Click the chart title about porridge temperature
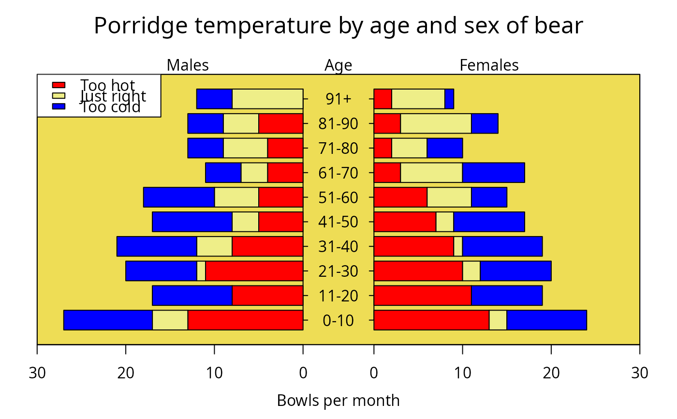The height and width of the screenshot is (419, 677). [x=338, y=26]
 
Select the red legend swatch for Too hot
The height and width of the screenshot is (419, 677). [x=59, y=85]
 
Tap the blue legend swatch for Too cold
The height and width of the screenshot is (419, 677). [x=59, y=106]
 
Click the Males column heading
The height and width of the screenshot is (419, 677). [x=188, y=65]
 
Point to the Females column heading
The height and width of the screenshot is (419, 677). [x=489, y=65]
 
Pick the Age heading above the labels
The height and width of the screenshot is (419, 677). [x=338, y=65]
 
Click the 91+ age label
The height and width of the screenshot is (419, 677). [x=338, y=99]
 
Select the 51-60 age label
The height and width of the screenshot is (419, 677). [x=338, y=197]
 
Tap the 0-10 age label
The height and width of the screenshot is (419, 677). [x=338, y=320]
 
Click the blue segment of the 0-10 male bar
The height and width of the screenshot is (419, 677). [x=108, y=320]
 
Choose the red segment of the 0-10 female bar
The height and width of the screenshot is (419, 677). [x=431, y=320]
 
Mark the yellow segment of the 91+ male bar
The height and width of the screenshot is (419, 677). [x=267, y=99]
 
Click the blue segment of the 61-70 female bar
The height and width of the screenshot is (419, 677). [x=493, y=173]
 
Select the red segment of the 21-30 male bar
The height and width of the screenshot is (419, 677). [x=254, y=271]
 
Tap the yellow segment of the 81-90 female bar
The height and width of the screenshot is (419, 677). [x=436, y=123]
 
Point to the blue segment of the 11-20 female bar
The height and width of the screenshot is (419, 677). [x=507, y=296]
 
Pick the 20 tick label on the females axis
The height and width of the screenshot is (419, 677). [x=551, y=373]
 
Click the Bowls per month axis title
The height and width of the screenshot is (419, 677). [x=338, y=401]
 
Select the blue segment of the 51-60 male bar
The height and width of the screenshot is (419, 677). [x=179, y=197]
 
